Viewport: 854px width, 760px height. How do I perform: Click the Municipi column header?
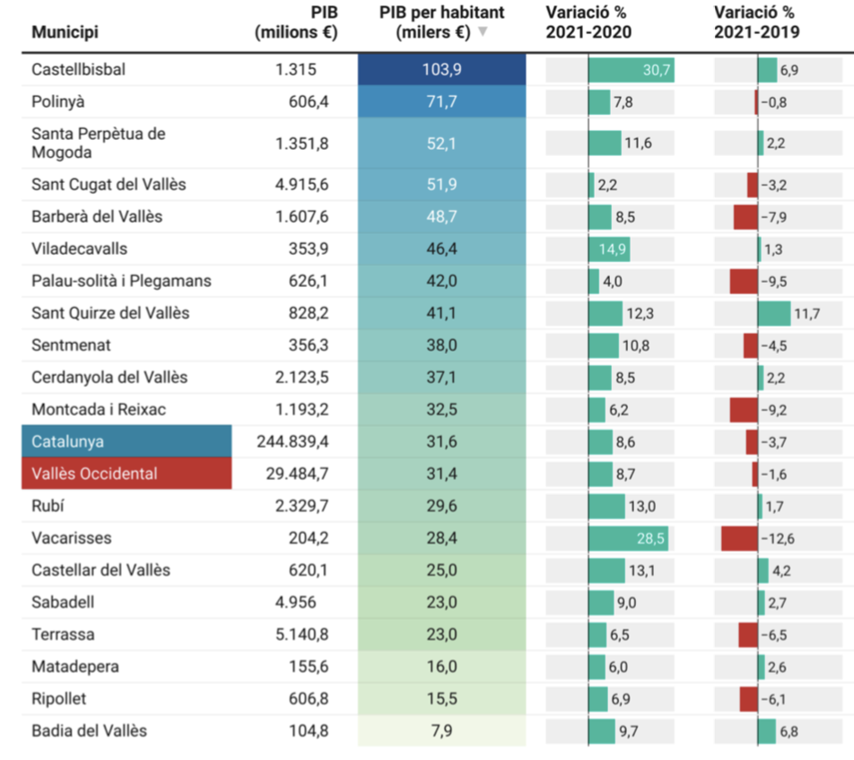click(65, 32)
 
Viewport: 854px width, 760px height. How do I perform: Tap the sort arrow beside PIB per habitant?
click(483, 32)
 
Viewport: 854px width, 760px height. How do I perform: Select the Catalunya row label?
click(67, 441)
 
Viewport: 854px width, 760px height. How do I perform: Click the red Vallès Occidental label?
click(94, 474)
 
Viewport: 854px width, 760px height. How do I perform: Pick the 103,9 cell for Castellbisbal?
click(441, 70)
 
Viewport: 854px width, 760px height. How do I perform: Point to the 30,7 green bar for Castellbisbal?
click(632, 70)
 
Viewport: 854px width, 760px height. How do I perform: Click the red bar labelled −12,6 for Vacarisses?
click(739, 538)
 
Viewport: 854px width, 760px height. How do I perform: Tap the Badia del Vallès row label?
click(89, 731)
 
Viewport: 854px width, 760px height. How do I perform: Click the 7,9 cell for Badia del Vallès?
click(441, 731)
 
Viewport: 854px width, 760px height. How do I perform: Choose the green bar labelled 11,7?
click(774, 314)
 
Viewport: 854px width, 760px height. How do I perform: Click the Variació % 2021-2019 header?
click(756, 22)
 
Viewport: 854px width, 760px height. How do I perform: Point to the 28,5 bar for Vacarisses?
click(628, 538)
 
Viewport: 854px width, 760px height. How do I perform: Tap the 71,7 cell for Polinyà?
click(441, 102)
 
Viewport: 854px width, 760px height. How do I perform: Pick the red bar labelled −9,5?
click(744, 282)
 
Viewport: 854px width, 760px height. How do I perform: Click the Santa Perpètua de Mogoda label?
click(98, 143)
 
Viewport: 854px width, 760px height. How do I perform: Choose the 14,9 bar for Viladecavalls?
click(608, 249)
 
